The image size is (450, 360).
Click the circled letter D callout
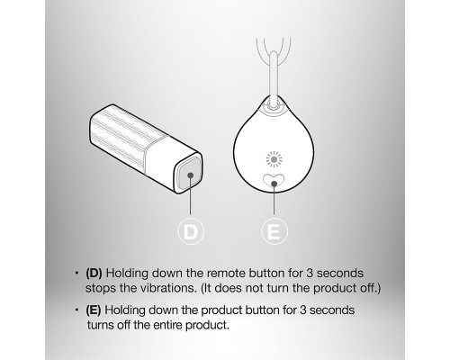coord(191,231)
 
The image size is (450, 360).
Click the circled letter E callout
coord(274,231)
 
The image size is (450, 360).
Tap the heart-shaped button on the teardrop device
coord(274,181)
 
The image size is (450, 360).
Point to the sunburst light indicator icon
coord(274,159)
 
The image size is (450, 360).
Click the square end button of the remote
coord(188,174)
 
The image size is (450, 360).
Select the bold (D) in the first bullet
coord(94,274)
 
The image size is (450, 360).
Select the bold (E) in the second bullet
coord(94,310)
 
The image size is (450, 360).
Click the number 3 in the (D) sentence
coord(310,274)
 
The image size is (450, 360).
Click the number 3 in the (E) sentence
coord(302,310)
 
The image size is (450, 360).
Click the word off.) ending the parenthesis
coord(370,288)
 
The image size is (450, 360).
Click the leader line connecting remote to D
coord(190,194)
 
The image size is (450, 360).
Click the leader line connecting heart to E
coord(274,199)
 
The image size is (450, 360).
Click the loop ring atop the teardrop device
coord(274,105)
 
